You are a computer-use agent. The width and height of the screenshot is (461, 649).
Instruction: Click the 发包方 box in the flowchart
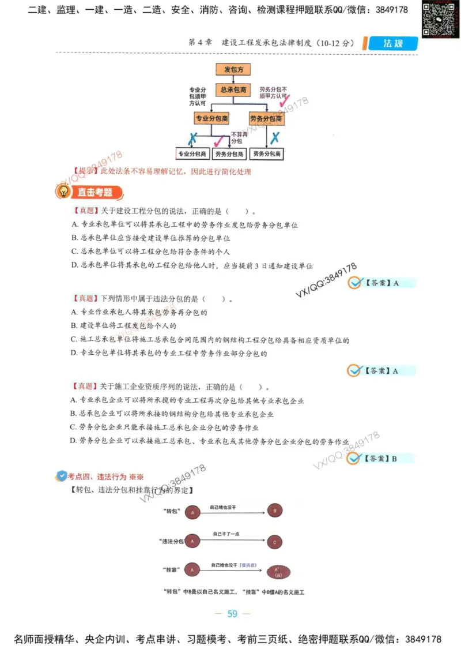(233, 69)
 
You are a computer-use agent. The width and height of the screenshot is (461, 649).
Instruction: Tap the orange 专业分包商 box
(211, 118)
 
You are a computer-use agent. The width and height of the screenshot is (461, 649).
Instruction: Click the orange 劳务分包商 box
(267, 118)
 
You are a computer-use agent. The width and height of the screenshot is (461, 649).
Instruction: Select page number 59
(232, 614)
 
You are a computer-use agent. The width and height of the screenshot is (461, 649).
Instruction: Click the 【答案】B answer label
(381, 459)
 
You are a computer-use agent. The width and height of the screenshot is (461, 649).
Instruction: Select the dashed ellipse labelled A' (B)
(277, 571)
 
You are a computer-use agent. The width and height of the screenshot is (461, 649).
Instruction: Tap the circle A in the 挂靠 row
(192, 571)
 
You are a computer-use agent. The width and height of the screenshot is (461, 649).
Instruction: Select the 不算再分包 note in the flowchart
(238, 137)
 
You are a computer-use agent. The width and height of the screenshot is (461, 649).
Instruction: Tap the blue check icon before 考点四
(61, 476)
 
